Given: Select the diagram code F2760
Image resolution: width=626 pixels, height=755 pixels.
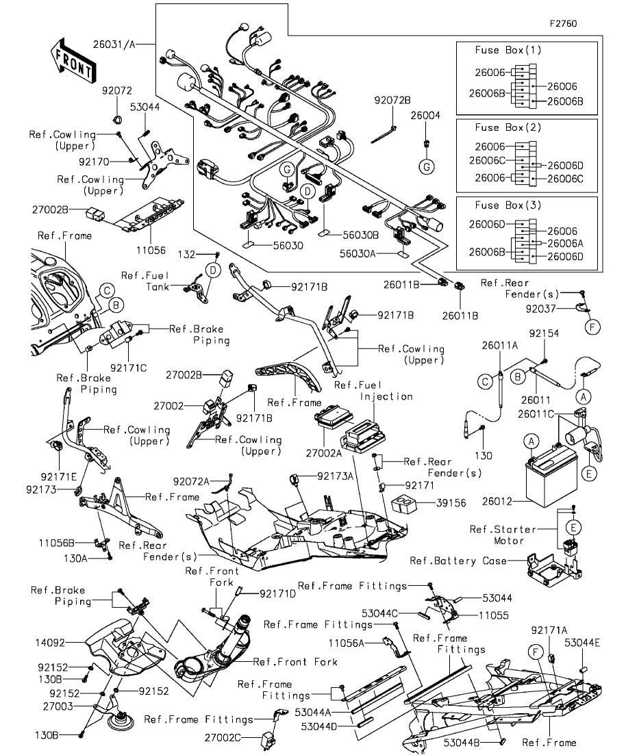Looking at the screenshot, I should [x=563, y=23].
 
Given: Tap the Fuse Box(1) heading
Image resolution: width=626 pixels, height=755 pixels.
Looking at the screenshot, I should [x=508, y=50].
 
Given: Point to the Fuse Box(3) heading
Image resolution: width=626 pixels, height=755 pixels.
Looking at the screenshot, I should [x=508, y=205].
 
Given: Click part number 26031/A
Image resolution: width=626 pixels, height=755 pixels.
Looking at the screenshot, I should [x=114, y=44].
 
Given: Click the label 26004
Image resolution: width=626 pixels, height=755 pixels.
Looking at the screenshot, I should [x=425, y=116].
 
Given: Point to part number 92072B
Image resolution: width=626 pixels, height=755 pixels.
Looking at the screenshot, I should [x=392, y=101].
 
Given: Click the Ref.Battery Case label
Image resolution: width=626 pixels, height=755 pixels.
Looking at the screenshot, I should [x=458, y=561].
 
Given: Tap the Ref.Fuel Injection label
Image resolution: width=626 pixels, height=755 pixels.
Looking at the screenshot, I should [x=373, y=391].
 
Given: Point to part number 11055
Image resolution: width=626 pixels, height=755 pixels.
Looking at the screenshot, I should [x=493, y=615].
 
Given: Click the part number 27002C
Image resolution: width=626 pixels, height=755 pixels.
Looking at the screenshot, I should [x=223, y=737].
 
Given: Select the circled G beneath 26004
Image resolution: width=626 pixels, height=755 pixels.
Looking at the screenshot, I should [x=426, y=167].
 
